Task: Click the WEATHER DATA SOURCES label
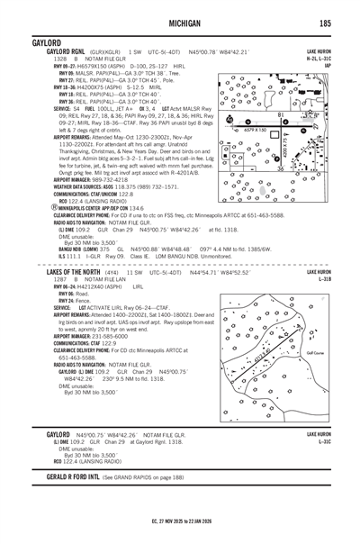pyautogui.click(x=51, y=161)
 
